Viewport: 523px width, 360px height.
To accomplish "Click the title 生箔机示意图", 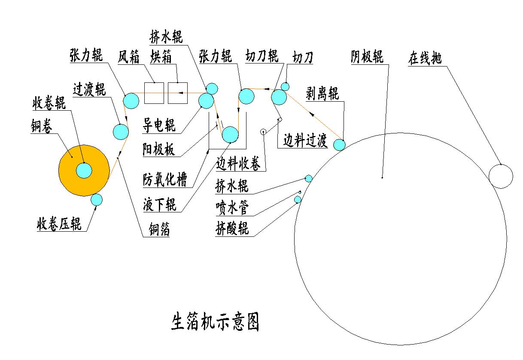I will coord(216,322).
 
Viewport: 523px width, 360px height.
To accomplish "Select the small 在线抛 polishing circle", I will coord(501,176).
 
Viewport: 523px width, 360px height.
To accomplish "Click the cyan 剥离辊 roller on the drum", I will coord(339,145).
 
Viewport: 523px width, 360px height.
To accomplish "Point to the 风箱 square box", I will coord(154,93).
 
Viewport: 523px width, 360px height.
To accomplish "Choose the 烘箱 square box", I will coord(178,93).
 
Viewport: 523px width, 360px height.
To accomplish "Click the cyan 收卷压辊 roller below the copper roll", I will coord(97,200).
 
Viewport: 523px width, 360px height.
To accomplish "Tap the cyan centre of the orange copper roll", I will coord(84,170).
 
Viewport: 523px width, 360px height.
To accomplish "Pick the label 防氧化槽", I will coord(165,180).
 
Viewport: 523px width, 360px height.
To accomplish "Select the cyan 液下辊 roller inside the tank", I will coord(230,134).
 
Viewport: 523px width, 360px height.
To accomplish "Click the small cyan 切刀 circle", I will coord(285,87).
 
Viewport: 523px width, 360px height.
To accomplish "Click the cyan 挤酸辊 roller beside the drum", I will coord(298,200).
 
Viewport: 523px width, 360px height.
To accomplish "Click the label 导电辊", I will coord(159,126).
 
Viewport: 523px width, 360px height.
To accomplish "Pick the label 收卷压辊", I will coord(59,224).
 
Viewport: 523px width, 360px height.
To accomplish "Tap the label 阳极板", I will coord(159,150).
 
